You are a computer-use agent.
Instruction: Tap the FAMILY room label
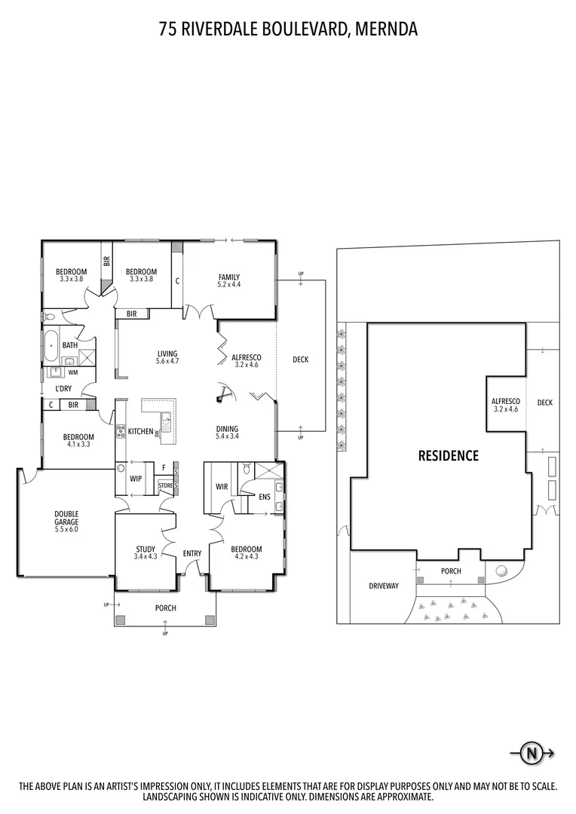pyautogui.click(x=228, y=277)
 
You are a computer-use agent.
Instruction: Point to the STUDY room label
pyautogui.click(x=146, y=549)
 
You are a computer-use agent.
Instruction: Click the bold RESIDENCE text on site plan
pyautogui.click(x=449, y=455)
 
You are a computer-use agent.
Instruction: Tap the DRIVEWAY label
pyautogui.click(x=384, y=586)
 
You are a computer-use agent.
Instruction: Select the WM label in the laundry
pyautogui.click(x=72, y=372)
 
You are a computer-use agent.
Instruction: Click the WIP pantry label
pyautogui.click(x=136, y=478)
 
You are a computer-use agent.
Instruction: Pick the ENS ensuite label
pyautogui.click(x=265, y=497)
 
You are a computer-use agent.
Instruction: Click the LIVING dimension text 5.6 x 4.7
pyautogui.click(x=167, y=362)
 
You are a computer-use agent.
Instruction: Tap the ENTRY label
pyautogui.click(x=192, y=554)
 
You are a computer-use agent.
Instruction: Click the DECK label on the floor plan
pyautogui.click(x=301, y=360)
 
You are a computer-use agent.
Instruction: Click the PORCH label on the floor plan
pyautogui.click(x=166, y=607)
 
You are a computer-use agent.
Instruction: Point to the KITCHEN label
pyautogui.click(x=141, y=431)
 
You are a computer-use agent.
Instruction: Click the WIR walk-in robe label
pyautogui.click(x=222, y=487)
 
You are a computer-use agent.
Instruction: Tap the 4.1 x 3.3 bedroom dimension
pyautogui.click(x=78, y=445)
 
